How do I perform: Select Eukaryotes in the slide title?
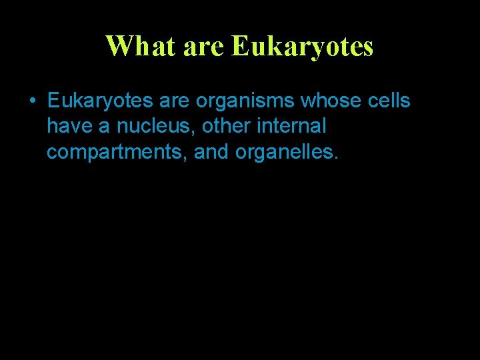302,46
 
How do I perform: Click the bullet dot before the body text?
32,102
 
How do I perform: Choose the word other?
225,127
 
